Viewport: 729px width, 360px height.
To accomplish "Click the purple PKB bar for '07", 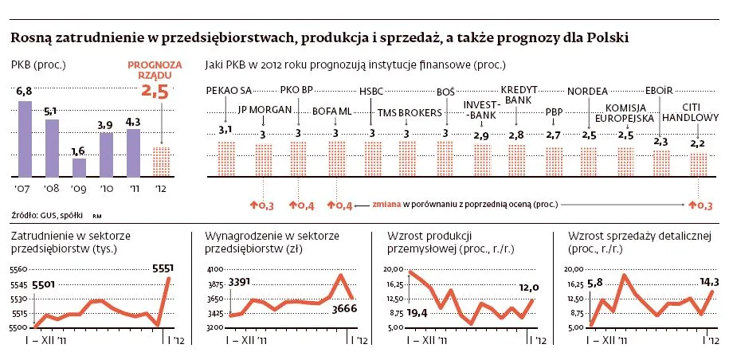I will pyautogui.click(x=25, y=139).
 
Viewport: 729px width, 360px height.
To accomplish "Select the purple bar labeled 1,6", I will pyautogui.click(x=79, y=167).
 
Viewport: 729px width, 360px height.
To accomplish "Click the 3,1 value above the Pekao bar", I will pyautogui.click(x=225, y=130).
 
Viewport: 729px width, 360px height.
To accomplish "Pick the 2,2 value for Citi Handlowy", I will pyautogui.click(x=698, y=143).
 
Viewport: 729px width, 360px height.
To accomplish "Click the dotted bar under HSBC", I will pyautogui.click(x=372, y=159).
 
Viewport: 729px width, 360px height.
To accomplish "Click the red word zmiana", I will pyautogui.click(x=386, y=205).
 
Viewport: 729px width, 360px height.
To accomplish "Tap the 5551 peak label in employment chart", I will pyautogui.click(x=163, y=268).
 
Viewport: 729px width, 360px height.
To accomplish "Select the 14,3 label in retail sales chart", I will pyautogui.click(x=707, y=281).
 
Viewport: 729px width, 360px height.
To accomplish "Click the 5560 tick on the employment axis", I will pyautogui.click(x=18, y=270).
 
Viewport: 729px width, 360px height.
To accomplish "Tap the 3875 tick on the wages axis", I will pyautogui.click(x=214, y=284).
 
